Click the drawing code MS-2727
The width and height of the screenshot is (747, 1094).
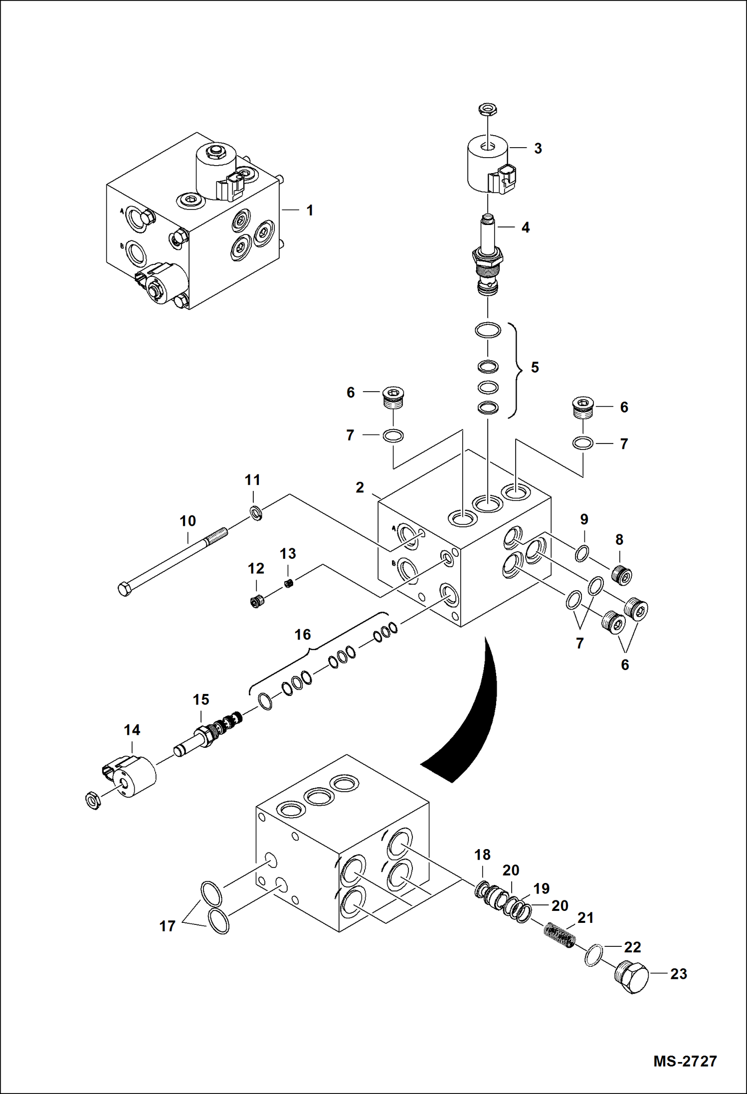(685, 1061)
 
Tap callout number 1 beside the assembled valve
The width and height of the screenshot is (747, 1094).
(310, 211)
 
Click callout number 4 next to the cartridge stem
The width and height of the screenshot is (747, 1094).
(525, 227)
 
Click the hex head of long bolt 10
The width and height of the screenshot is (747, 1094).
(125, 589)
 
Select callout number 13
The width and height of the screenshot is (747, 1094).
(288, 554)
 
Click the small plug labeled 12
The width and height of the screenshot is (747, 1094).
(257, 602)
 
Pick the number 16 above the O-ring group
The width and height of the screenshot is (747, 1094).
(302, 635)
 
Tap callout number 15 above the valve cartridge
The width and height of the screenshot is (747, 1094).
(201, 700)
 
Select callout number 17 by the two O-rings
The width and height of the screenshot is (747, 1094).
(167, 926)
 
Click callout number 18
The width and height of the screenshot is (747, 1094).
(482, 855)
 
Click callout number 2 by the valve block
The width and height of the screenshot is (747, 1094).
(360, 487)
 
